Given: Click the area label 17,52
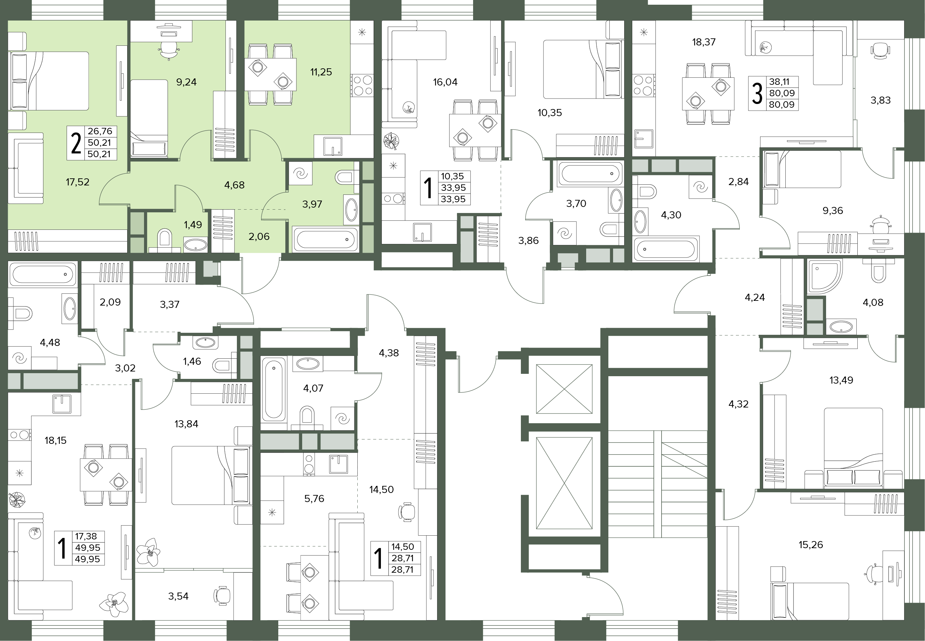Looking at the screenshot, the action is pos(77,182).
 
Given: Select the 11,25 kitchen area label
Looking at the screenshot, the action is pos(321,72).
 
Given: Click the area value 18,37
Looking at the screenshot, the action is pos(704,42).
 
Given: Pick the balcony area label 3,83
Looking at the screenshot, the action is pos(881,100).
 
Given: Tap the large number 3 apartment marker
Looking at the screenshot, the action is pos(757,93).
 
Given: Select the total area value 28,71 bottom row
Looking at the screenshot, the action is pos(402,570).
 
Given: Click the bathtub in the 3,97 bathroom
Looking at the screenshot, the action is pos(326,239).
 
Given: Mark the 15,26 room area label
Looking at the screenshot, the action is pos(811,545).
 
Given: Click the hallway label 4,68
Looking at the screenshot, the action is pos(234,185).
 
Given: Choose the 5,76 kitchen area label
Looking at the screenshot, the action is pos(314,498).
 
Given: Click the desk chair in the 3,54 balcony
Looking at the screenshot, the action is pos(222,596).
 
